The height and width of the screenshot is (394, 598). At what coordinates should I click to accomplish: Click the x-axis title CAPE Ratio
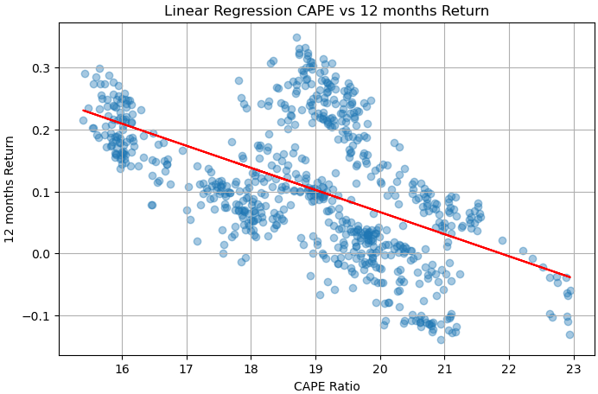point(327,385)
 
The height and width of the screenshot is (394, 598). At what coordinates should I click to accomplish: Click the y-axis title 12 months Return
point(11,190)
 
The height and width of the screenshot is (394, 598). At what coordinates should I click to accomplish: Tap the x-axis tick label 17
point(186,368)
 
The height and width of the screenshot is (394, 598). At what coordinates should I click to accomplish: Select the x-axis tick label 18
point(251,368)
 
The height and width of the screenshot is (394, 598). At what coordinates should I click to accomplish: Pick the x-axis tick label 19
point(315,368)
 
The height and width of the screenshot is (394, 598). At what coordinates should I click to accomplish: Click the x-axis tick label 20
point(380,368)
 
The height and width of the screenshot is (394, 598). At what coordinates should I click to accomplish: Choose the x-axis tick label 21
point(444,368)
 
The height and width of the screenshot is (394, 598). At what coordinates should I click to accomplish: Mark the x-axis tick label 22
point(509,368)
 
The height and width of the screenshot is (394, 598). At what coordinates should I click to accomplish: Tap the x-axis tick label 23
point(574,368)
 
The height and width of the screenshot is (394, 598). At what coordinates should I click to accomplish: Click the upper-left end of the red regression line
point(84,110)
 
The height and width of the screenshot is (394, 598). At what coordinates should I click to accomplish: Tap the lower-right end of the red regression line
point(569,277)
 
